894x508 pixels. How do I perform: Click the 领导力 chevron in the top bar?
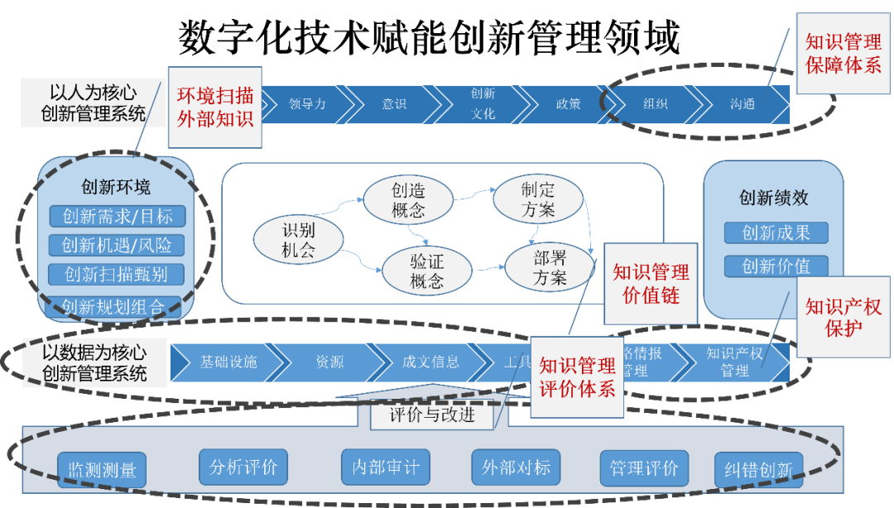point(307,104)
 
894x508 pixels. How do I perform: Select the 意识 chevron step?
point(394,104)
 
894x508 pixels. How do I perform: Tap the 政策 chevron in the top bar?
point(568,104)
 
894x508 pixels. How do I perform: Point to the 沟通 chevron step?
point(742,104)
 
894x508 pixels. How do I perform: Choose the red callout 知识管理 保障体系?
point(844,54)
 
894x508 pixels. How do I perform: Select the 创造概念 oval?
point(410,199)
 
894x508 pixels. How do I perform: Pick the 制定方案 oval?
point(538,199)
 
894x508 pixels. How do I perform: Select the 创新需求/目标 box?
point(117,217)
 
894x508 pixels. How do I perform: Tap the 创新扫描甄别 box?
point(117,274)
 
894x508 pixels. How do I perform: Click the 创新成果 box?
point(776,233)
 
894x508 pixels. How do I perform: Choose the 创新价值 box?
point(776,266)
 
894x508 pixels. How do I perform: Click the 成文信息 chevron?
point(430,362)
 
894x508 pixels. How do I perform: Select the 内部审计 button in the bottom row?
point(386,467)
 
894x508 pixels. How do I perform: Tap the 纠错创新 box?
point(753,470)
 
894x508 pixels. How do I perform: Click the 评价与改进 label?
point(432,414)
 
